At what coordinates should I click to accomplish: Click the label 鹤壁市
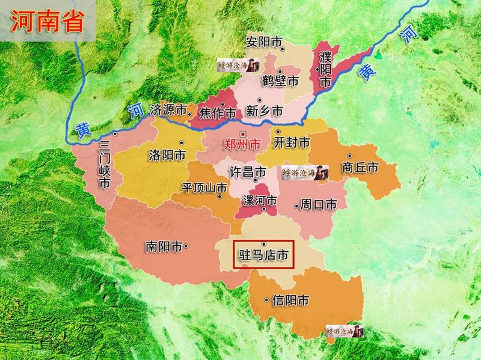pyautogui.click(x=281, y=81)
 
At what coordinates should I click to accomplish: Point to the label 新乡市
pyautogui.click(x=265, y=111)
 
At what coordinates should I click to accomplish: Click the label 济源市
pyautogui.click(x=168, y=111)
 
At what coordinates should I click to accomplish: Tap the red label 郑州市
pyautogui.click(x=242, y=145)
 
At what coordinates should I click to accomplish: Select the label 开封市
pyautogui.click(x=292, y=143)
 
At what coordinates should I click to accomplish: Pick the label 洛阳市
pyautogui.click(x=167, y=155)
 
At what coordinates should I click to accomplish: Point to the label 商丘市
pyautogui.click(x=360, y=168)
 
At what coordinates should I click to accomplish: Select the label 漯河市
pyautogui.click(x=259, y=200)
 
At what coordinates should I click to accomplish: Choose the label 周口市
pyautogui.click(x=319, y=205)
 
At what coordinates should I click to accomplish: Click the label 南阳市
pyautogui.click(x=164, y=246)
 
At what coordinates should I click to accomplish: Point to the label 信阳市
pyautogui.click(x=291, y=300)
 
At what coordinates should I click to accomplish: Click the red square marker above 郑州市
pyautogui.click(x=242, y=133)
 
